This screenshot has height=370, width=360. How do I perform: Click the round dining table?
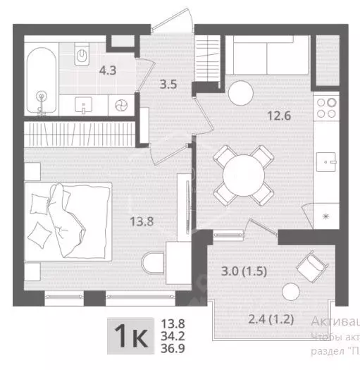tap(242, 173)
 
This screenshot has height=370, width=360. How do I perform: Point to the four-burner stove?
tap(326, 107)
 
